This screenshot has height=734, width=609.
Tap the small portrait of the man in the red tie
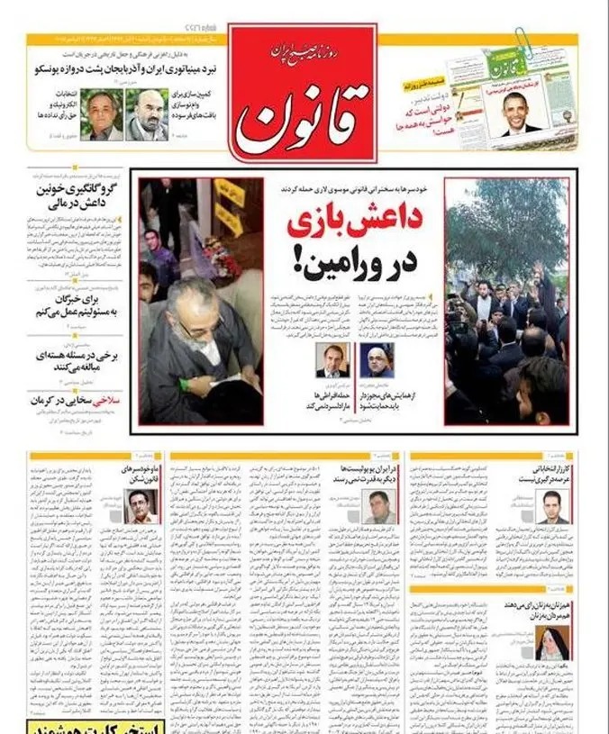pos(331,359)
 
